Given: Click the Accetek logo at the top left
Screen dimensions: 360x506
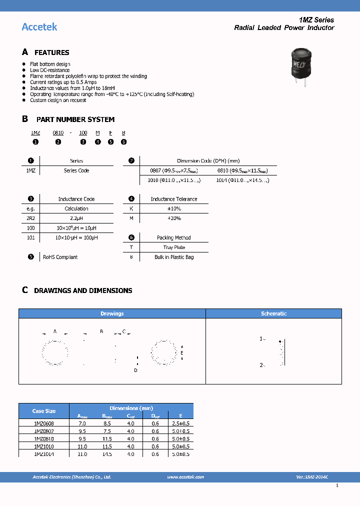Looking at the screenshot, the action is [39, 26].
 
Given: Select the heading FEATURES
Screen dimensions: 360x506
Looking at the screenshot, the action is [51, 52].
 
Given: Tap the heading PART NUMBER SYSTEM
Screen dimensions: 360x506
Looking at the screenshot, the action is [75, 119].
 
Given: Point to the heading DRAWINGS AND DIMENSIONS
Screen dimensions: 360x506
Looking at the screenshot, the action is [83, 290].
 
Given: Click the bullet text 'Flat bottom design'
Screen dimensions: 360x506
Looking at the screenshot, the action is [50, 64].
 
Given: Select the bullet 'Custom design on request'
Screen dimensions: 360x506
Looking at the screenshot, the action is [58, 100].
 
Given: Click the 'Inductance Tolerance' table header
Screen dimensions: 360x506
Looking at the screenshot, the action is [174, 199].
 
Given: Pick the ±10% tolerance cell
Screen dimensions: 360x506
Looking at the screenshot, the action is [173, 208].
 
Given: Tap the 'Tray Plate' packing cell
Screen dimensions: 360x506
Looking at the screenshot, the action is [173, 247].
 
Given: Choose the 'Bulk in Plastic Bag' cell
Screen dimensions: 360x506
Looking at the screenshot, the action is [173, 257].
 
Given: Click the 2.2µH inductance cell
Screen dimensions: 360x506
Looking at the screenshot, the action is [76, 218].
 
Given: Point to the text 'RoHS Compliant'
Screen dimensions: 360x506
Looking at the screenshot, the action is [60, 257].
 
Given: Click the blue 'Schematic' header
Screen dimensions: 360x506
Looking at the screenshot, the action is [273, 313].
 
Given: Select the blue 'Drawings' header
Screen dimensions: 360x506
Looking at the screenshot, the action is [112, 313].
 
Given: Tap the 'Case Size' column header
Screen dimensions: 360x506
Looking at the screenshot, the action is [44, 411].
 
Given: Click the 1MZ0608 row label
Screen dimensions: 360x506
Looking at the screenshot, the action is [44, 423].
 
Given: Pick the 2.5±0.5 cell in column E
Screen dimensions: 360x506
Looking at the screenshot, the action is [180, 423].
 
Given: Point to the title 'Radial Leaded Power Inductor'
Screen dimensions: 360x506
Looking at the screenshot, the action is [284, 28].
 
